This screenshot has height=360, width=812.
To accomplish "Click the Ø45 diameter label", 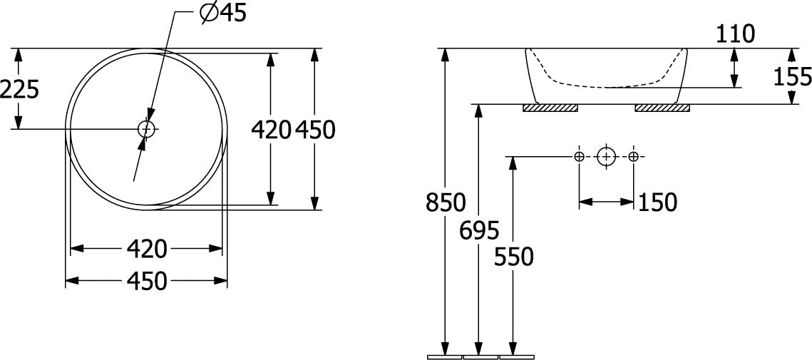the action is coord(223,14).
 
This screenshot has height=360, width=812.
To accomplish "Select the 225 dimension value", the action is coord(20,91).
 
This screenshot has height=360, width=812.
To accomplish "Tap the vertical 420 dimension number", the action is coord(270,130).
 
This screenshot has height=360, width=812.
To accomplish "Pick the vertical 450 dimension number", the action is coord(315,130).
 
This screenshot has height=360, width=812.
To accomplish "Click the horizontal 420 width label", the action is coord(147,250).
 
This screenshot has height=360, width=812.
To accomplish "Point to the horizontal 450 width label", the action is coord(147,282).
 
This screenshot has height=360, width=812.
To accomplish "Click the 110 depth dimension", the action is coord(735,35).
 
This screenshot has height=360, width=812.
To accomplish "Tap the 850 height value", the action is coord(446,202).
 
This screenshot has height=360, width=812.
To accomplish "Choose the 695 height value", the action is coord(479,230).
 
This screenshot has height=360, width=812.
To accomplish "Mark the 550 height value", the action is coord(514,257).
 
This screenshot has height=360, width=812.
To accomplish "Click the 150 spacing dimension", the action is coord(657,202).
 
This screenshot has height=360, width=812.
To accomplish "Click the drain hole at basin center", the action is coord(147,128).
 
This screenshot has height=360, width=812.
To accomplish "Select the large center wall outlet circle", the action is coord(606,156).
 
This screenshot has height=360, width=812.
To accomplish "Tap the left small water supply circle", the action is coord(579,156).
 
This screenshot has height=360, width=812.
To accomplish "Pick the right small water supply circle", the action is coord(633,156).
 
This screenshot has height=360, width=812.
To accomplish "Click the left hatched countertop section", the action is coord(550,108).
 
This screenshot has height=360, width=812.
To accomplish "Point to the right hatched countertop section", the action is coord(662,108).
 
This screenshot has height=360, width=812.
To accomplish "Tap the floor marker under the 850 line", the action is coord(445,357).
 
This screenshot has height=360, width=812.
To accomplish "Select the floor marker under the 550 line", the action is coord(516,357).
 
